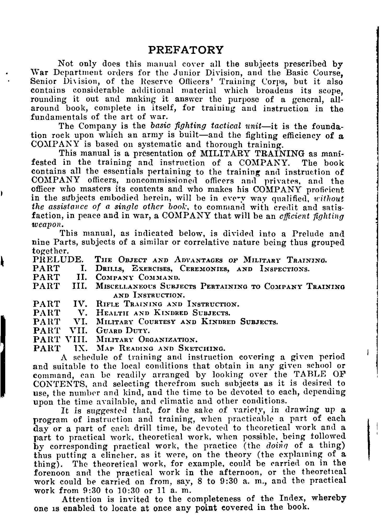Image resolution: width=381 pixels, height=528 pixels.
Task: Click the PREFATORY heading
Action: tap(186, 50)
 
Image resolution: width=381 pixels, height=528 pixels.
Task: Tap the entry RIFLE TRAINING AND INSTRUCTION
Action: tap(168, 304)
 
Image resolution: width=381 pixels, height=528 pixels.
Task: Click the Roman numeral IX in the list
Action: tap(79, 349)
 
